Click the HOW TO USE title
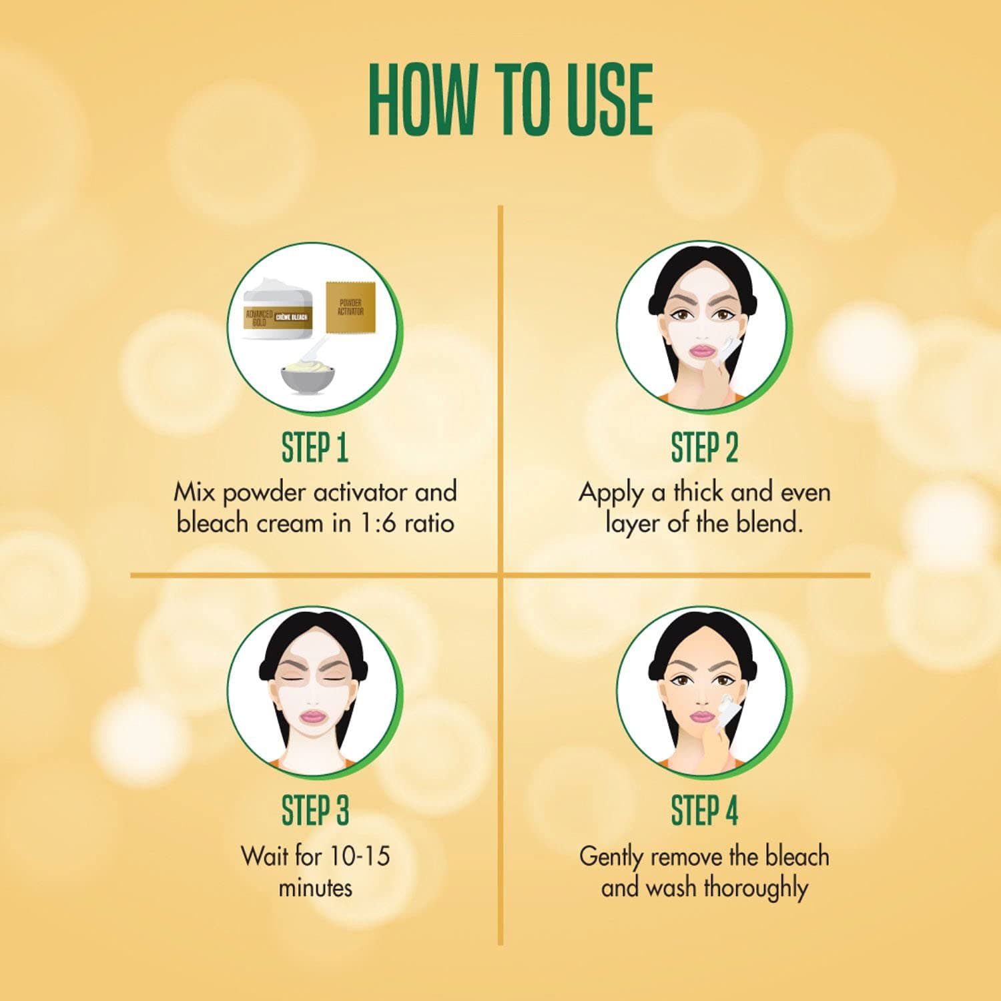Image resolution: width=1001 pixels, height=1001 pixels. click(x=511, y=100)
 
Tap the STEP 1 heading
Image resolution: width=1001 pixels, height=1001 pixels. click(x=315, y=448)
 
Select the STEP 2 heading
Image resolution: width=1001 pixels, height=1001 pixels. click(x=704, y=448)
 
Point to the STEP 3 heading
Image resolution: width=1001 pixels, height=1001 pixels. click(x=315, y=811)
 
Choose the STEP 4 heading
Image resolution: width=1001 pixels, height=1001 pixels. click(x=704, y=811)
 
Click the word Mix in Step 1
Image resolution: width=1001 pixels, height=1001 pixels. click(x=194, y=492)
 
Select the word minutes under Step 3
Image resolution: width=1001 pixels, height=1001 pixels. click(x=315, y=888)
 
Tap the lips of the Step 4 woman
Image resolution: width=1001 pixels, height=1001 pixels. click(x=702, y=717)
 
